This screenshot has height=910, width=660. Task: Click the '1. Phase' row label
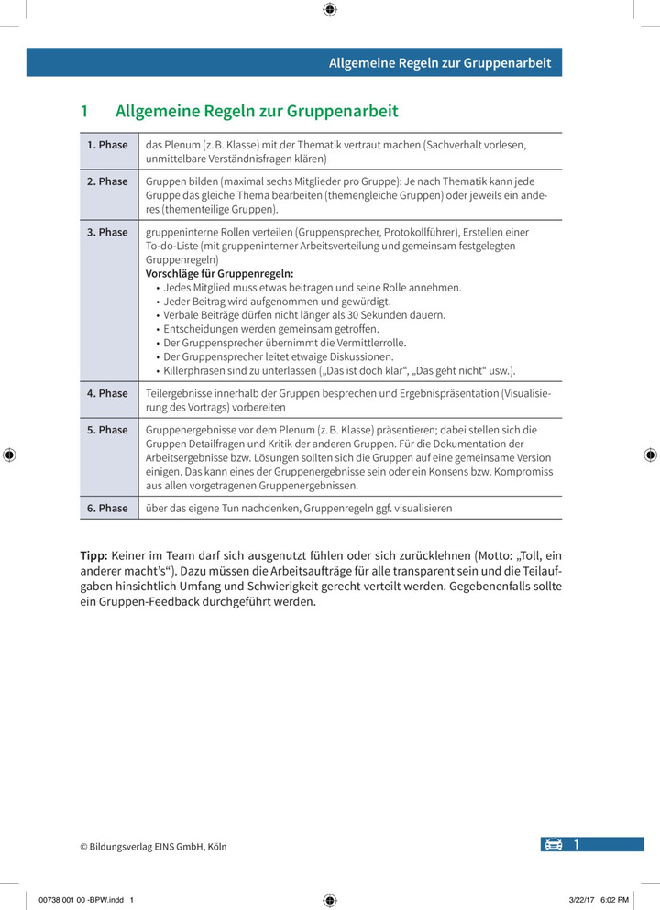[107, 145]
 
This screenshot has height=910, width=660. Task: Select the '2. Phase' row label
[107, 181]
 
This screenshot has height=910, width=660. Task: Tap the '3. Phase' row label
[107, 233]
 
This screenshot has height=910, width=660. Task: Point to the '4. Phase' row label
[107, 393]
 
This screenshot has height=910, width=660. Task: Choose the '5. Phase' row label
[107, 430]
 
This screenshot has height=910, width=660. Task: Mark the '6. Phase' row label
[107, 508]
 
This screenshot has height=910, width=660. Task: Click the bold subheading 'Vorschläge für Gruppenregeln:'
[220, 274]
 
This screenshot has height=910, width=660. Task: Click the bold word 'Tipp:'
[94, 555]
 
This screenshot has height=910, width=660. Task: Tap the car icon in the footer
[554, 845]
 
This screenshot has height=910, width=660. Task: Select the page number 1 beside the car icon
[577, 845]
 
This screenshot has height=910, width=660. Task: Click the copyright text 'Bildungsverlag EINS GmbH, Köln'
[159, 847]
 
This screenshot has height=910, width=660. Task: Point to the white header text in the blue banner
[440, 63]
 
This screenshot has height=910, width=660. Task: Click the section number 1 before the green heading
[84, 112]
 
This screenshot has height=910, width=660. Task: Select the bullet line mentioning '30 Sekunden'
[304, 315]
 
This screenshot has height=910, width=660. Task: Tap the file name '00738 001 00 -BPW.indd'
[82, 899]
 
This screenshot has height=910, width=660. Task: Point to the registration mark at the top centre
[330, 10]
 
